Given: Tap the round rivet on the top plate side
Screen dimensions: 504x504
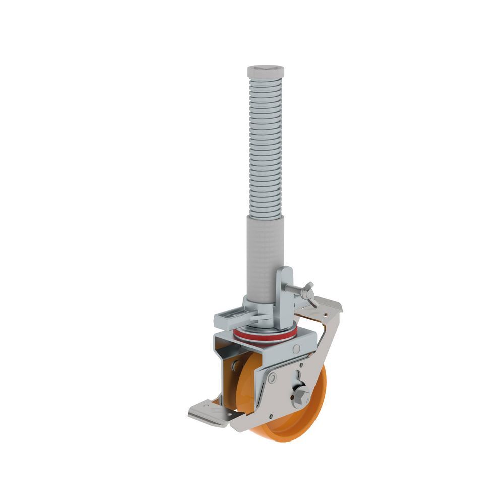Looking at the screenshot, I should pyautogui.click(x=296, y=349).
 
